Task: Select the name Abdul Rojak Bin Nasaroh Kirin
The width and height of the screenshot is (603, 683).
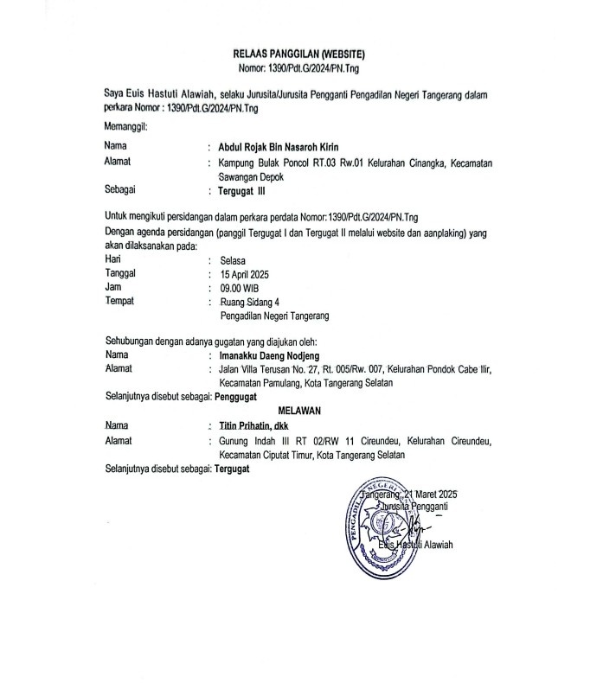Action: pyautogui.click(x=278, y=146)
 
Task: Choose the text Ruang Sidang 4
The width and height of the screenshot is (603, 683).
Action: pyautogui.click(x=250, y=302)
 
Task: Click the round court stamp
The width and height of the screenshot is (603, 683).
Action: pyautogui.click(x=391, y=530)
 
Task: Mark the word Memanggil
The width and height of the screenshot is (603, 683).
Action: pyautogui.click(x=125, y=128)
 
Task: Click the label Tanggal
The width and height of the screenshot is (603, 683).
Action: pyautogui.click(x=121, y=273)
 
